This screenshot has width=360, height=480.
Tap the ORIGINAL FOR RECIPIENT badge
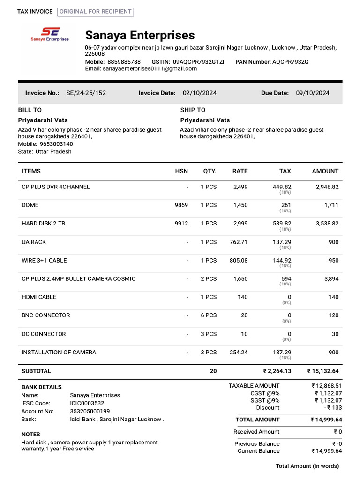click(95, 12)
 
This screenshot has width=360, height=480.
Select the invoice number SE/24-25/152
click(86, 93)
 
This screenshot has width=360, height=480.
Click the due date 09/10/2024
click(313, 93)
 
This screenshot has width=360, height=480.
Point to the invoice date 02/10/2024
click(200, 93)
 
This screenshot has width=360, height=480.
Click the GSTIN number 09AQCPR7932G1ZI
click(198, 62)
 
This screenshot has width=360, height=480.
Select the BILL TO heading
click(30, 110)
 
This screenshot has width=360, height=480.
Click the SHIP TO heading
click(193, 110)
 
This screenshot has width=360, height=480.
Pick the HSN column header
click(181, 171)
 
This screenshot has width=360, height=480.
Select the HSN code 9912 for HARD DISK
click(181, 224)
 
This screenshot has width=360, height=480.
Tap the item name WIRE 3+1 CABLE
click(44, 260)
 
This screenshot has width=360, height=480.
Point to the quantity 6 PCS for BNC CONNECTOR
click(209, 315)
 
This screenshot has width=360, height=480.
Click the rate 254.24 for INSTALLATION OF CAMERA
click(239, 352)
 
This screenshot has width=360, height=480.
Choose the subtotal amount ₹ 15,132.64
click(323, 371)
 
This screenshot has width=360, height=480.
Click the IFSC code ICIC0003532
click(87, 403)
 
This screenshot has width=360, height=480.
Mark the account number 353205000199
click(90, 411)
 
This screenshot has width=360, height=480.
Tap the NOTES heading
click(31, 435)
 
